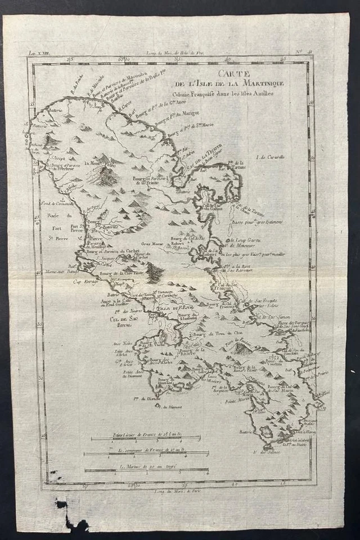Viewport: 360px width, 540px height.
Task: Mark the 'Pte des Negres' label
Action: click(125, 311)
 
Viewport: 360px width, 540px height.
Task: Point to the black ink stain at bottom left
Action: click(72, 515)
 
